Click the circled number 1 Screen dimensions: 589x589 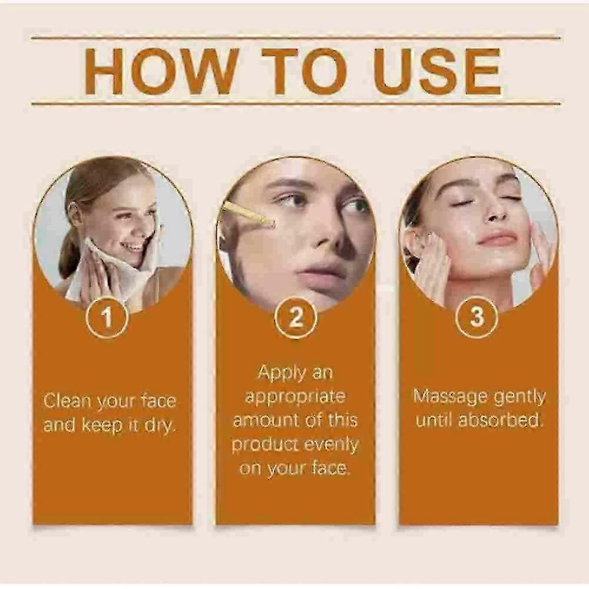pyautogui.click(x=107, y=317)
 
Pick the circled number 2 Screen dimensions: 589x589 pyautogui.click(x=296, y=317)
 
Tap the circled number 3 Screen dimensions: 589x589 pyautogui.click(x=477, y=317)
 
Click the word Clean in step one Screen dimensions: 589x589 pyautogui.click(x=67, y=401)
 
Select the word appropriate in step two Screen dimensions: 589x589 pyautogui.click(x=295, y=396)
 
